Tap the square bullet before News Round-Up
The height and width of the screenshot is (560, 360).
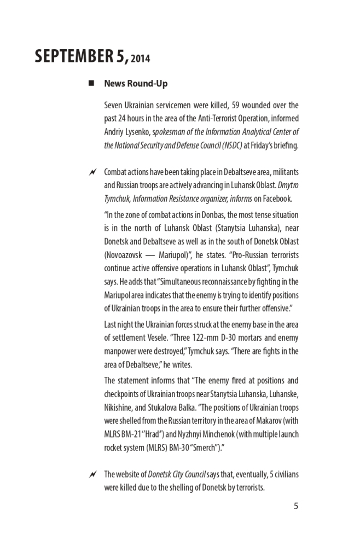tap(91, 84)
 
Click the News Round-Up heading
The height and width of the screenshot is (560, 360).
tap(136, 84)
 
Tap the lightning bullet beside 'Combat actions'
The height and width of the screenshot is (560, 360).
tap(91, 173)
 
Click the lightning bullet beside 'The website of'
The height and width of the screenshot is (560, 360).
tap(91, 475)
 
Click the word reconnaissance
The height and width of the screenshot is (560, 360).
tap(228, 282)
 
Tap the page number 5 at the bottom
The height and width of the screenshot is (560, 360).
tap(296, 505)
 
